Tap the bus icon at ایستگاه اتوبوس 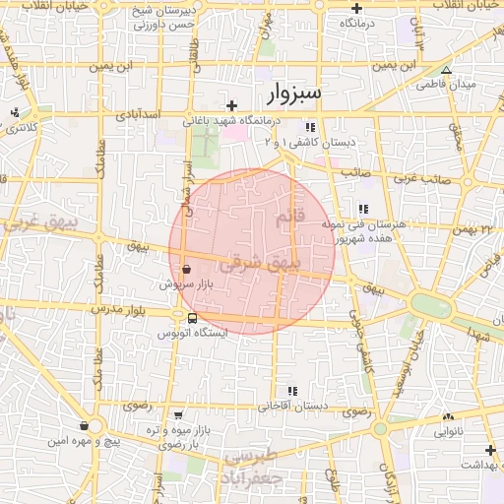point(191,318)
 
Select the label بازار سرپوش point(185,283)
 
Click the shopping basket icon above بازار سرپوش point(186,268)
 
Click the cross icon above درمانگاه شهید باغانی point(231,105)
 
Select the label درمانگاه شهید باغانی point(232,121)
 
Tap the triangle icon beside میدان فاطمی point(446,70)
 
